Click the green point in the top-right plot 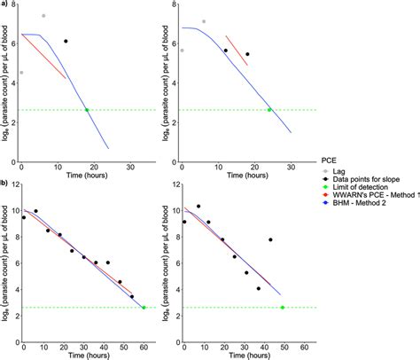(269, 110)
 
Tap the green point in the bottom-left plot (144, 308)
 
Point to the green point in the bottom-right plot (282, 308)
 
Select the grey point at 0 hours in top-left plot (22, 73)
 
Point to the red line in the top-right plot (236, 51)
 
